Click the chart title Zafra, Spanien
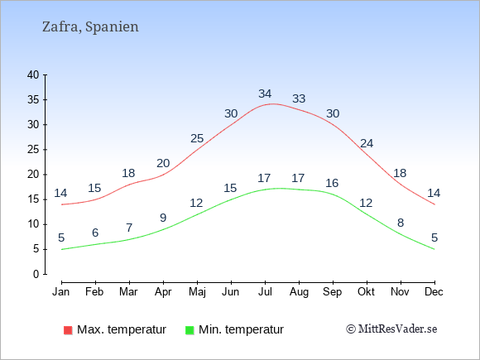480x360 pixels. (90, 27)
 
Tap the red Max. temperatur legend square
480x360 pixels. (68, 330)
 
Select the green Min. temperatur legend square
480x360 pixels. (190, 330)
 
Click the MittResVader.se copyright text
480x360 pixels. (391, 329)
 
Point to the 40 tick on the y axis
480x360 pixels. (33, 74)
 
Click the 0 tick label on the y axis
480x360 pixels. (36, 274)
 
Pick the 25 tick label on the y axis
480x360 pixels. (33, 150)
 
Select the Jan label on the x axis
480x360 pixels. (61, 292)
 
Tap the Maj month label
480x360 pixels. (197, 292)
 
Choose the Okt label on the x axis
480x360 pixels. (366, 292)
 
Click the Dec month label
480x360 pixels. (434, 292)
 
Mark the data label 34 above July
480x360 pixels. (265, 94)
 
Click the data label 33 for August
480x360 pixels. (299, 98)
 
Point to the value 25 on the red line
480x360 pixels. (197, 139)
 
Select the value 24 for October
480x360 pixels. (367, 143)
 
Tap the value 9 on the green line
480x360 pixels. (163, 218)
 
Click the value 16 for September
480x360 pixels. (332, 184)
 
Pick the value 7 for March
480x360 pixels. (129, 228)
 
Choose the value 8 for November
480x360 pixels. (401, 223)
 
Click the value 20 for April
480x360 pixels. (163, 164)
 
